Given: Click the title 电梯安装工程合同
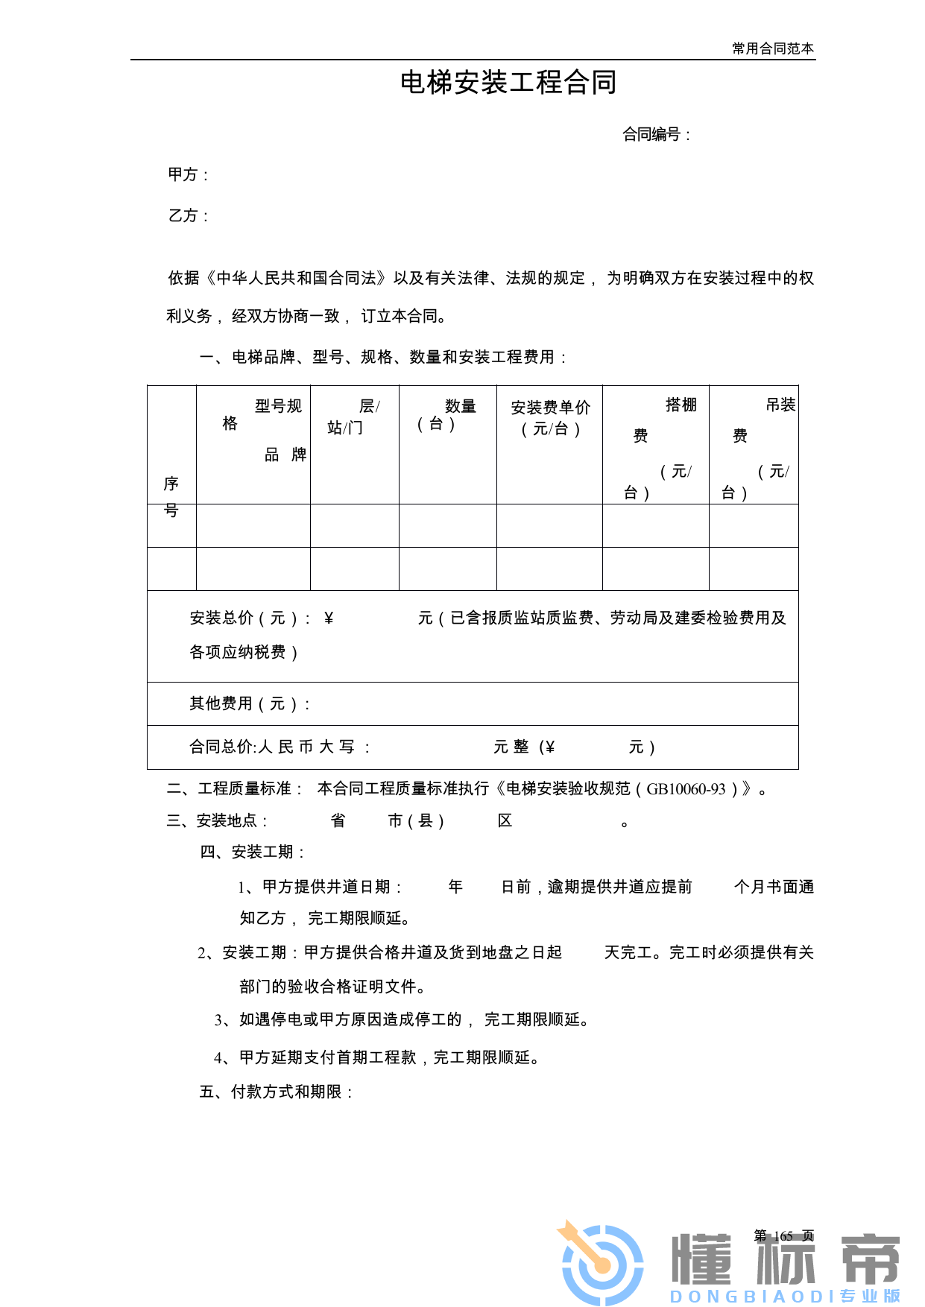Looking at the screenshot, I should (508, 83).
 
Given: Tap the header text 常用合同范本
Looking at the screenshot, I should (772, 48).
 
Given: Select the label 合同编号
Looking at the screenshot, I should (651, 134).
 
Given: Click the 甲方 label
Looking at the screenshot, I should (183, 174).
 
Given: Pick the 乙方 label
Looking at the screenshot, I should (183, 215).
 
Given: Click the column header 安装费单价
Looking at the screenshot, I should (550, 408).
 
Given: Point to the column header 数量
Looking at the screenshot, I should (460, 406).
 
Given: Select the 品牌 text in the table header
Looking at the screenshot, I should (285, 455).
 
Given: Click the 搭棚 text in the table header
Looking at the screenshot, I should (681, 405).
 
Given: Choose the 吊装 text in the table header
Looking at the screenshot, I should (780, 405).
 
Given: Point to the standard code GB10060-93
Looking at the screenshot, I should (685, 789).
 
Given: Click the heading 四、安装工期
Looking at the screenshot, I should (253, 852).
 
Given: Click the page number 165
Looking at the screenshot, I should (783, 1235).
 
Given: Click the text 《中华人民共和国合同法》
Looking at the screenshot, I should (296, 278).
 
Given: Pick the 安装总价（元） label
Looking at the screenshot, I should (244, 618).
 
